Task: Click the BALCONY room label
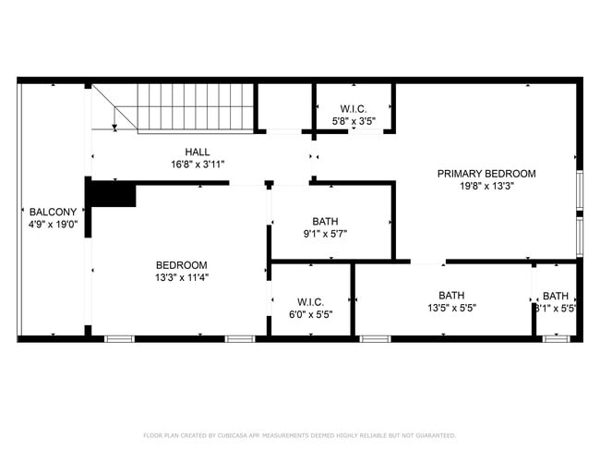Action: (x=45, y=211)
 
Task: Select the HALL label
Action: (x=197, y=152)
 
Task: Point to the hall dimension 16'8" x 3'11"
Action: (x=197, y=165)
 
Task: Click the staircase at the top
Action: (x=194, y=107)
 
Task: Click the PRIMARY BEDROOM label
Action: (x=486, y=173)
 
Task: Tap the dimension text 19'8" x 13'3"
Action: (x=486, y=185)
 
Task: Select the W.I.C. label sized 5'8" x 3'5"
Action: (x=354, y=108)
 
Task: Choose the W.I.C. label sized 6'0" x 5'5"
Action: (x=309, y=301)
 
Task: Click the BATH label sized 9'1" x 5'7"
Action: (x=325, y=221)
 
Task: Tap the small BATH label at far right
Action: (x=556, y=296)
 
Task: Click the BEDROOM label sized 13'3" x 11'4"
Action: (x=181, y=264)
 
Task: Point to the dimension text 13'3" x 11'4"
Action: (x=181, y=276)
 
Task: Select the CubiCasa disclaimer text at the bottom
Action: (x=299, y=435)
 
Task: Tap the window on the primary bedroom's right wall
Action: (x=579, y=213)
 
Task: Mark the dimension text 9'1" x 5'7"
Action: (x=325, y=234)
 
